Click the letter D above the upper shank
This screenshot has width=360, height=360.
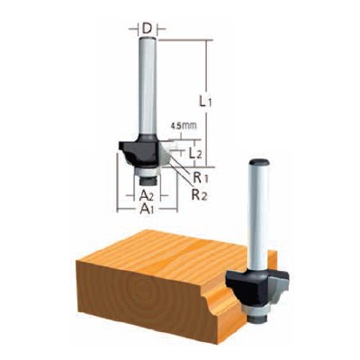[145, 30]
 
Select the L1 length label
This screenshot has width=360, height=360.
[205, 102]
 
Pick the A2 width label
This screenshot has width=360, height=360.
[144, 193]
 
